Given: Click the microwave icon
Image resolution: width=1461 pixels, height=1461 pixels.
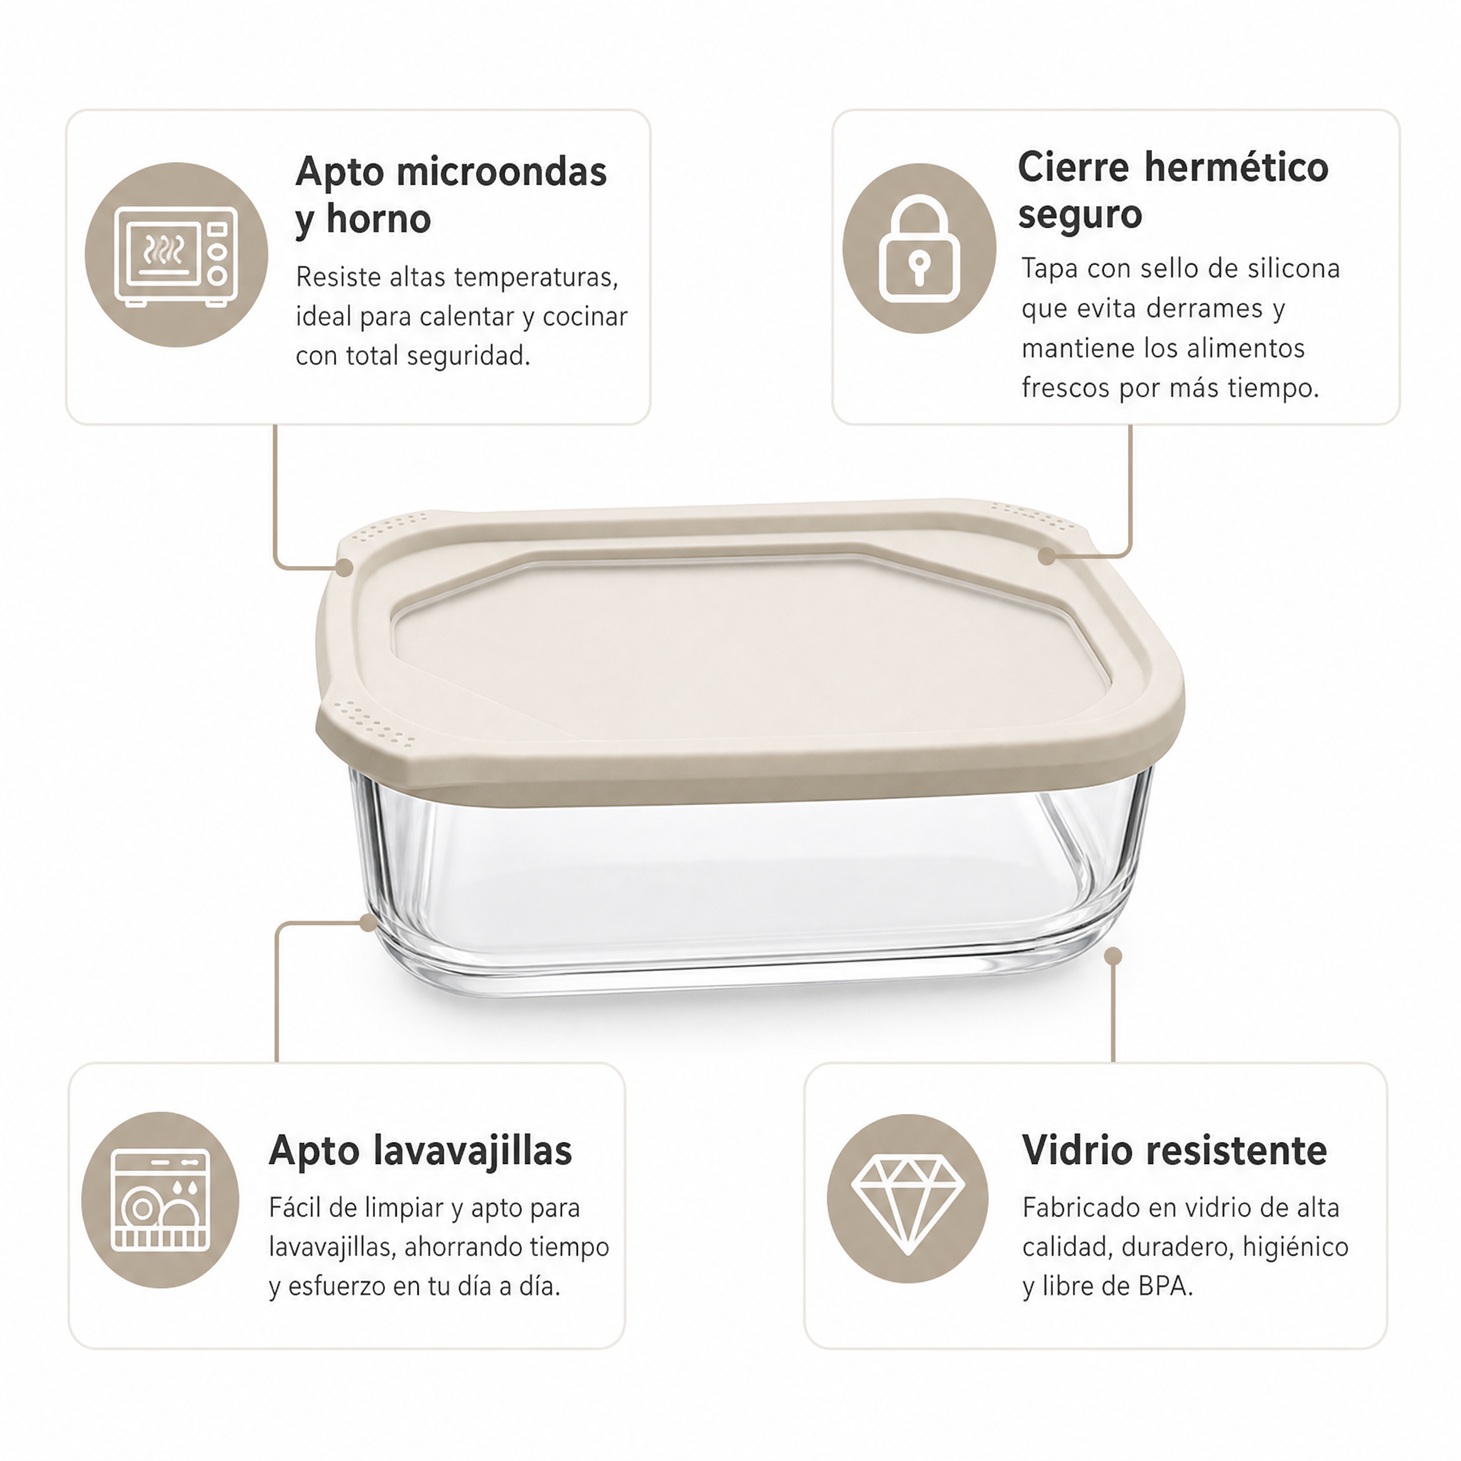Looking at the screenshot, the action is [176, 256].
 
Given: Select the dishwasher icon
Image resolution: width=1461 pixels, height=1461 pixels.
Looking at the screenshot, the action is [160, 1200].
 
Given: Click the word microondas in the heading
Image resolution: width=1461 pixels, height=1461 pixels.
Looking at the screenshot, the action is [501, 172].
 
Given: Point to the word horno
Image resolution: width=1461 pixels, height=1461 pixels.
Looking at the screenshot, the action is [378, 219].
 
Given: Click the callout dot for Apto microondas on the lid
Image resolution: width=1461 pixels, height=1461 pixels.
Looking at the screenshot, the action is [344, 568].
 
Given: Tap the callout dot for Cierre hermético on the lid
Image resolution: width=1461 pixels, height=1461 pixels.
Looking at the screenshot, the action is [1046, 556].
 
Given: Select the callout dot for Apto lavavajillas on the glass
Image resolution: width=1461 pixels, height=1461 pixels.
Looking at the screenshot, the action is [368, 923].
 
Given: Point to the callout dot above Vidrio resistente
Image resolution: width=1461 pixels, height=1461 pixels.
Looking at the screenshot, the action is [1113, 956].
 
